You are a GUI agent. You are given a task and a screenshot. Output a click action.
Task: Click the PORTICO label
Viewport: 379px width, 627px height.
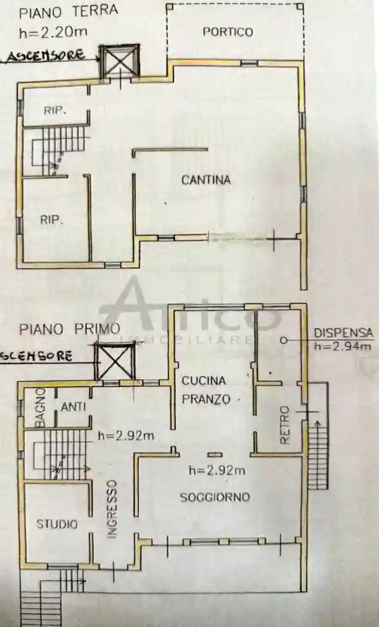click(x=227, y=32)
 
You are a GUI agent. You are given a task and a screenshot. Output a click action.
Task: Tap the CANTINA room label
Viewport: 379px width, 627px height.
click(x=206, y=180)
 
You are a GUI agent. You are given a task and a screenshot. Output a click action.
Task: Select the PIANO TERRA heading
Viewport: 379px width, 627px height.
click(x=68, y=11)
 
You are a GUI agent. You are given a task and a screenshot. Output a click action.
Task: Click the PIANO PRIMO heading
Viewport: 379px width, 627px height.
click(x=69, y=328)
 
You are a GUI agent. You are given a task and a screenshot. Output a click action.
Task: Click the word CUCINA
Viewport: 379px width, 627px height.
click(x=204, y=380)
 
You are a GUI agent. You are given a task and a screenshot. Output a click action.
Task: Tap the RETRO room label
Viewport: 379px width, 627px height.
click(x=285, y=425)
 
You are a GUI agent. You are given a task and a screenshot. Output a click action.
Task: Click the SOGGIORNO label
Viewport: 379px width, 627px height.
click(x=215, y=497)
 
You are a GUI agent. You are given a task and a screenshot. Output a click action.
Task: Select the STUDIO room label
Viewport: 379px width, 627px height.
click(x=57, y=524)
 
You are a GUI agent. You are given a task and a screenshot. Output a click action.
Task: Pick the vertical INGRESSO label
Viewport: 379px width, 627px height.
click(x=112, y=509)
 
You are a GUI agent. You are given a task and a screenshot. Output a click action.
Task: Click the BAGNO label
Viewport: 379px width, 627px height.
click(x=40, y=407)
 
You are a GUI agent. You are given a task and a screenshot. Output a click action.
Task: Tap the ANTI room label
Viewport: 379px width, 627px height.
click(x=73, y=407)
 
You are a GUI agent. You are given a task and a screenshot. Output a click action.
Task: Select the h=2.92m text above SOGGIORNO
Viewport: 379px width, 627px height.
click(x=217, y=471)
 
